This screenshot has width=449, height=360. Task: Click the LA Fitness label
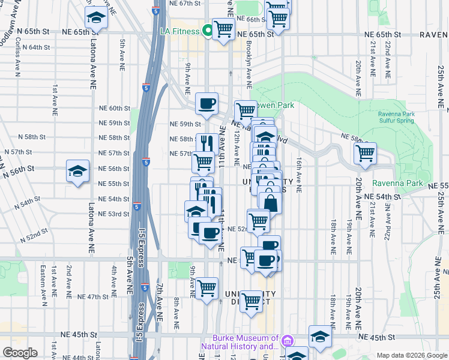click(179, 30)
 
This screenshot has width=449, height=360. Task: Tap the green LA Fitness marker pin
click(209, 30)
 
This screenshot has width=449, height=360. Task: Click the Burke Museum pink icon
click(287, 341)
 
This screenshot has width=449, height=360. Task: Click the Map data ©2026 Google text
click(412, 355)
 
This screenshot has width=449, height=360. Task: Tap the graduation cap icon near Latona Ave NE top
click(96, 19)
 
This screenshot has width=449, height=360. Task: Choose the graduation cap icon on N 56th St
click(77, 172)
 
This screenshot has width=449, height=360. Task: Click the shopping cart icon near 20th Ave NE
click(365, 154)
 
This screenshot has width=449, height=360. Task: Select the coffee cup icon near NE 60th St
click(206, 104)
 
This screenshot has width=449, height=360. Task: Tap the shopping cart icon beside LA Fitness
click(224, 28)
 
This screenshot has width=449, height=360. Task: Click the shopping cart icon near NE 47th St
click(206, 289)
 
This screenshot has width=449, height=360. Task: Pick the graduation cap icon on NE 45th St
click(321, 337)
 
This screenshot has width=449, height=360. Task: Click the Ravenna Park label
click(393, 183)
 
